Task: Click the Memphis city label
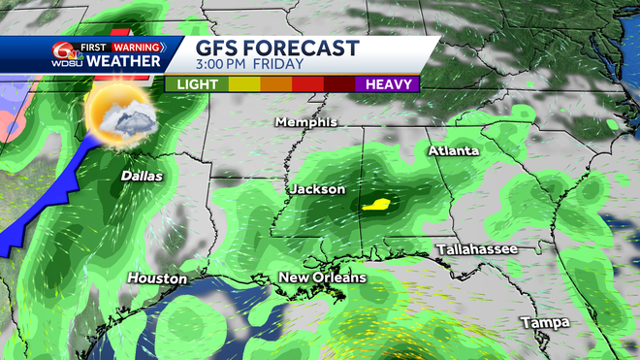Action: tap(305, 122)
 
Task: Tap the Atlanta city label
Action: tap(454, 151)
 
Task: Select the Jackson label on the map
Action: tap(317, 189)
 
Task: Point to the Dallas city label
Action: tap(142, 177)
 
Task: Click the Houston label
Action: tap(157, 278)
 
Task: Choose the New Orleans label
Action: tap(323, 278)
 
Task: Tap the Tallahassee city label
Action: tap(476, 249)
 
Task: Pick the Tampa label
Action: tap(543, 321)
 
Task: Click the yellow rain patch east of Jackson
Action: tap(376, 205)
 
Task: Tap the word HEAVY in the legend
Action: tap(394, 84)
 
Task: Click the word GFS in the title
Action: tap(220, 49)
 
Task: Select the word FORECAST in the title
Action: tap(304, 49)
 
